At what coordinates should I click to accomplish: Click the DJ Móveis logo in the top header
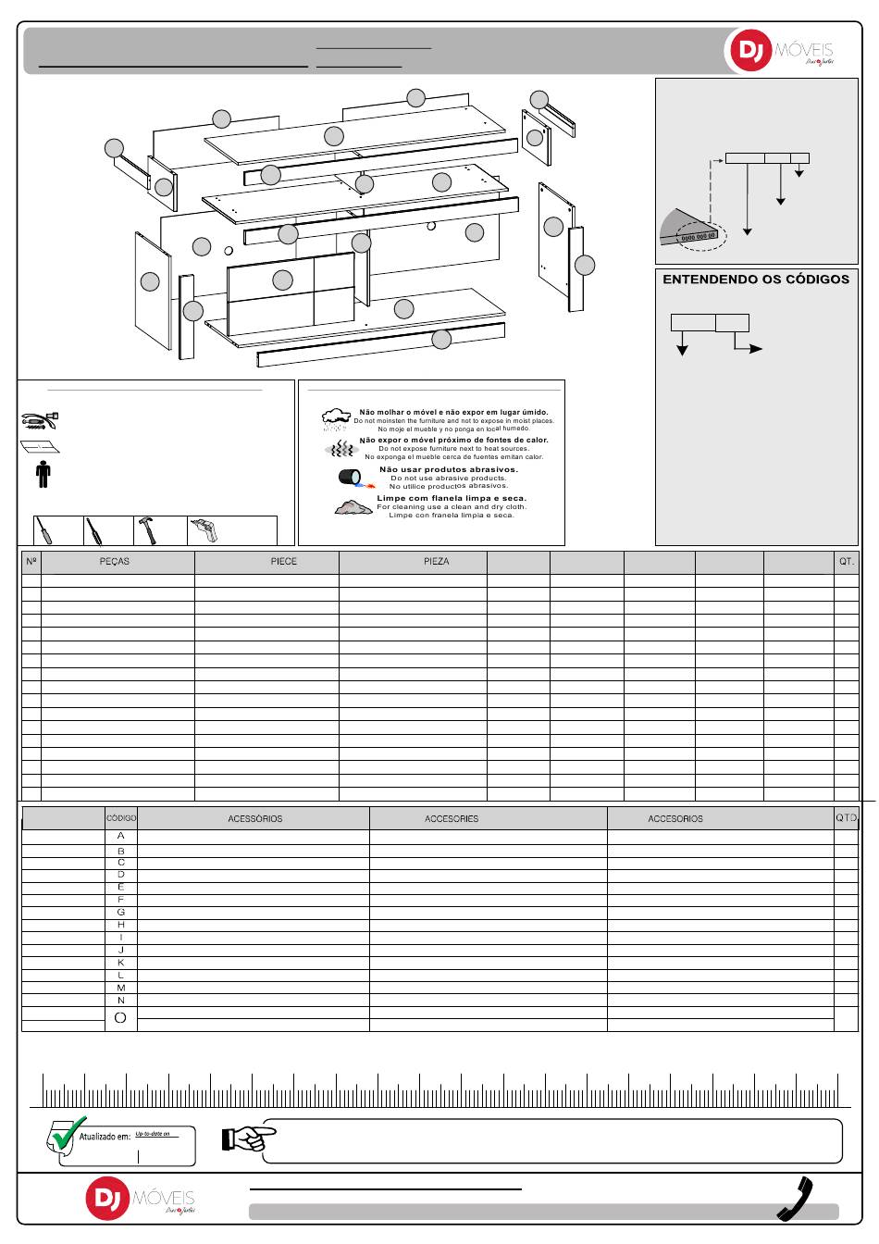pos(779,51)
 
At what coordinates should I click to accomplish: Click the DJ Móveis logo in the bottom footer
pos(141,1199)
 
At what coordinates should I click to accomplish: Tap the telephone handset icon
pos(796,1199)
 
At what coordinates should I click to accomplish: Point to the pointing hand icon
pos(248,1138)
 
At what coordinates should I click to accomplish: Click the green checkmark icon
pos(68,1134)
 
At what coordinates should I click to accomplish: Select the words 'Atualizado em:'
pos(105,1137)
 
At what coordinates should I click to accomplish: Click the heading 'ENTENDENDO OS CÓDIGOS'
pos(755,280)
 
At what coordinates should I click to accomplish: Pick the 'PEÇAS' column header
pos(115,562)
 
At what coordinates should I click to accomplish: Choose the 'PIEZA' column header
pos(436,562)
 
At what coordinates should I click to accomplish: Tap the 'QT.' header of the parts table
pos(846,562)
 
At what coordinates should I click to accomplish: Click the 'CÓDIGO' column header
pos(121,818)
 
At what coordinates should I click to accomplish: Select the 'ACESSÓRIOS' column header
pos(254,819)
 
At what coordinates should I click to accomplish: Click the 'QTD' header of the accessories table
pos(846,818)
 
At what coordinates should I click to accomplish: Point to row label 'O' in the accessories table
pos(120,1018)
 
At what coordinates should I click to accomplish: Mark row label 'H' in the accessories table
pos(121,925)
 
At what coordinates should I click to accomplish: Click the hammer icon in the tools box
pos(147,529)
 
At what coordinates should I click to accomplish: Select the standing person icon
pos(43,473)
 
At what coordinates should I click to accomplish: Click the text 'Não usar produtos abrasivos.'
pos(449,469)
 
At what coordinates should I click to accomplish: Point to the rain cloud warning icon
pos(335,419)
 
